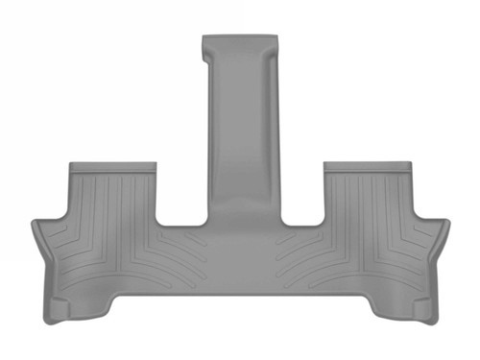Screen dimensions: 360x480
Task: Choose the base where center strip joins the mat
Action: click(240, 216)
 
